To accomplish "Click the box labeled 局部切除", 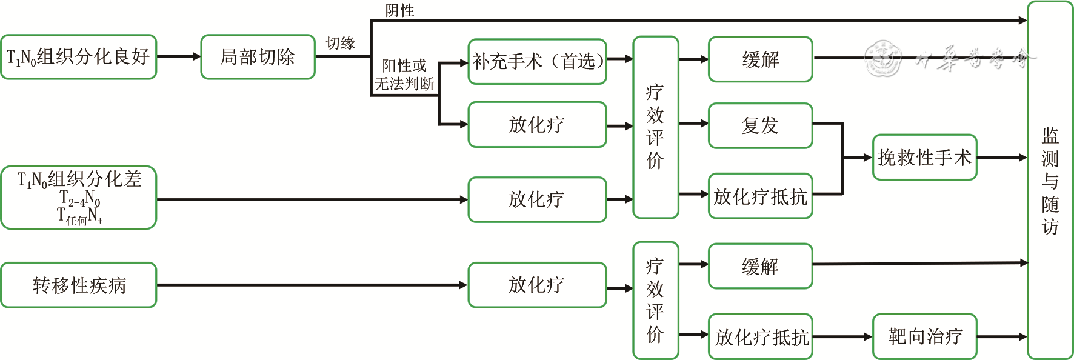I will (x=258, y=57).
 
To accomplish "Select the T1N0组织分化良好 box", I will (x=78, y=57).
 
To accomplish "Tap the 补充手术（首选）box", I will (x=537, y=61).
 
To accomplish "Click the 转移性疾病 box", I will (x=78, y=285).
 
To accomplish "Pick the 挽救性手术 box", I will (x=924, y=158).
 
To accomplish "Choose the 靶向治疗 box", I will (x=924, y=336).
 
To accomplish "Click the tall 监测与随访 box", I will (x=1050, y=180).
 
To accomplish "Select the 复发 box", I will (x=760, y=125).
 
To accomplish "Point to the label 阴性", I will (x=400, y=10).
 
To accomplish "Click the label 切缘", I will (x=340, y=43).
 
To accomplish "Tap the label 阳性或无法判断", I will (x=404, y=75).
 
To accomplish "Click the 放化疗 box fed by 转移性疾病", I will (x=537, y=285).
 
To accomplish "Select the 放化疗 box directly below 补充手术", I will (x=537, y=125).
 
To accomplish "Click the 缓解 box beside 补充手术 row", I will (x=760, y=59).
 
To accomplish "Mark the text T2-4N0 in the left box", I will (x=80, y=198).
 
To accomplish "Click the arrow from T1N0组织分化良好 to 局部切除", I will (x=178, y=56).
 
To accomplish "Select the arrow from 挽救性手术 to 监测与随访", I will (x=1002, y=158).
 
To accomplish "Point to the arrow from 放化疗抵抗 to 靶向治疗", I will (x=842, y=337).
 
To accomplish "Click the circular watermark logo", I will (x=882, y=59).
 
